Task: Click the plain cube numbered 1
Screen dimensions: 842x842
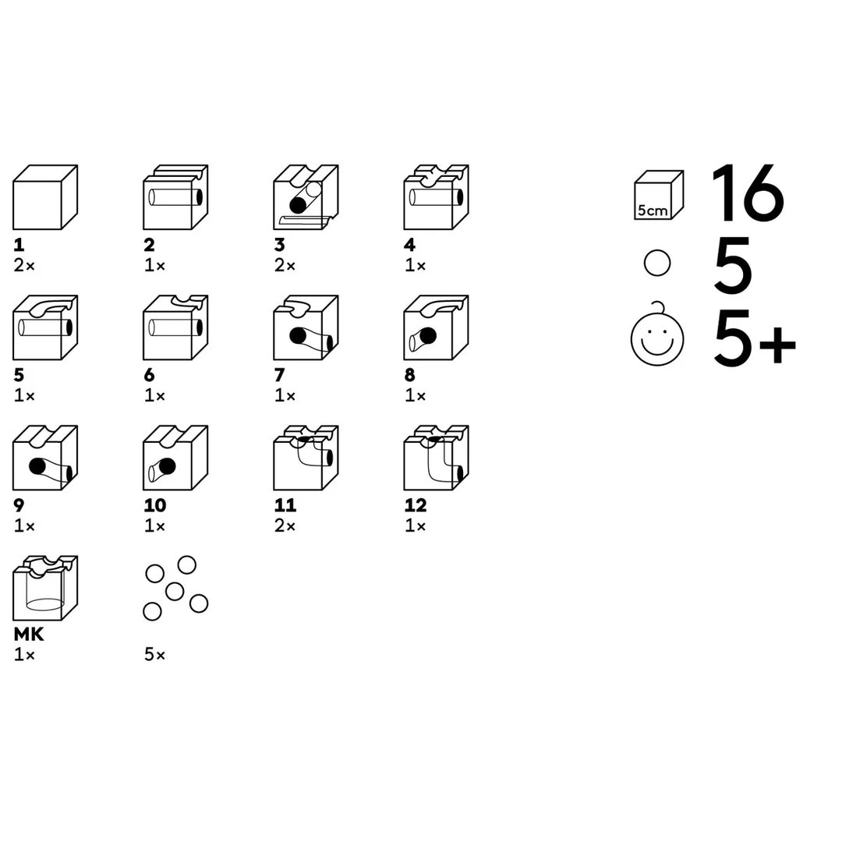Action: pyautogui.click(x=45, y=197)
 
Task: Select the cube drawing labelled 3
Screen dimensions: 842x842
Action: pyautogui.click(x=306, y=197)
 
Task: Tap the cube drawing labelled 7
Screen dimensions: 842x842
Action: pyautogui.click(x=306, y=327)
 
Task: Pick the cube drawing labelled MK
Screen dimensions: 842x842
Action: pyautogui.click(x=45, y=588)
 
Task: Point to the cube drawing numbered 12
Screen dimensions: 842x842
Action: pyautogui.click(x=436, y=458)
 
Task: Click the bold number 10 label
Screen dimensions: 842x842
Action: pyautogui.click(x=155, y=505)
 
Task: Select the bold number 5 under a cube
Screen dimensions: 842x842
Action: pyautogui.click(x=19, y=375)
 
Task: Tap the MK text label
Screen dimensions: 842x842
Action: pyautogui.click(x=29, y=634)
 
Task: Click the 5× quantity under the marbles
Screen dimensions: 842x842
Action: pyautogui.click(x=154, y=655)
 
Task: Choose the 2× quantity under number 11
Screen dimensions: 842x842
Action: pyautogui.click(x=285, y=525)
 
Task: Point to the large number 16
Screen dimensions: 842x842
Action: pyautogui.click(x=748, y=193)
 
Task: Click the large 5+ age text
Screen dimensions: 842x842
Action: pyautogui.click(x=755, y=339)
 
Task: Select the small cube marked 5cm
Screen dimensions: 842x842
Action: pyautogui.click(x=658, y=195)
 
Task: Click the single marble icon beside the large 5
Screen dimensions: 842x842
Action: pyautogui.click(x=656, y=264)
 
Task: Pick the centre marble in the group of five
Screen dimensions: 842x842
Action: pyautogui.click(x=175, y=592)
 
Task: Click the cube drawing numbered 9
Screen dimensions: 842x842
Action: pyautogui.click(x=45, y=458)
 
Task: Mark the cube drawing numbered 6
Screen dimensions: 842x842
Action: pyautogui.click(x=175, y=327)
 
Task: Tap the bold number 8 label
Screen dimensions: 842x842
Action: pyautogui.click(x=410, y=375)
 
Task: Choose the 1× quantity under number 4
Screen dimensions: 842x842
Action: pyautogui.click(x=415, y=265)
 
